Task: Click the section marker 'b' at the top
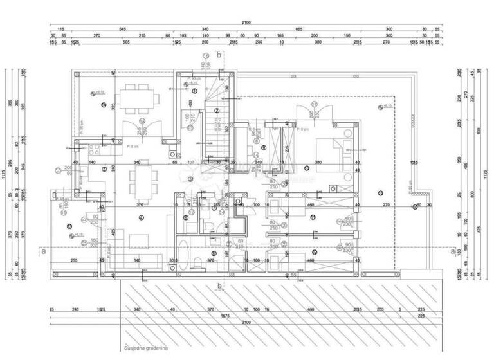(x=219, y=55)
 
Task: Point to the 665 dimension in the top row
(x=299, y=30)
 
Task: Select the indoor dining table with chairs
(x=141, y=182)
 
